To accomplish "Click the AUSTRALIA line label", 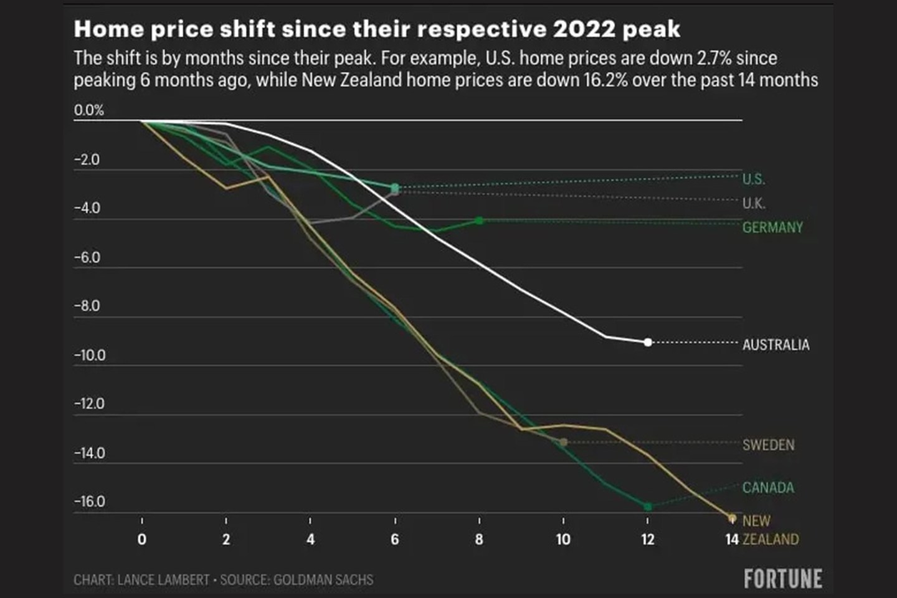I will click(x=776, y=344).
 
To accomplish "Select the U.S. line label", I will click(x=753, y=179).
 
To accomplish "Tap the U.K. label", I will click(x=754, y=203).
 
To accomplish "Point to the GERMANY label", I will click(x=772, y=227).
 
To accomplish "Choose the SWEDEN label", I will click(x=768, y=445).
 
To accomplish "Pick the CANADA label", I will click(x=768, y=487).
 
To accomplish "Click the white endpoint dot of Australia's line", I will click(x=648, y=343).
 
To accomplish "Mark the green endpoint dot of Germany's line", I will click(x=479, y=221).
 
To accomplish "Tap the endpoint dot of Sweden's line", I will click(x=563, y=442).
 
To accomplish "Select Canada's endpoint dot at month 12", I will click(x=648, y=506).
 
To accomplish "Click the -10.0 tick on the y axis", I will click(x=90, y=356).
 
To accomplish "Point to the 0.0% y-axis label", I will click(x=89, y=110).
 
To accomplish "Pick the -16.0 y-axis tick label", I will click(x=90, y=501).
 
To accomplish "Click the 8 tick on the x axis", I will click(x=479, y=539).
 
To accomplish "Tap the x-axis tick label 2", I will click(x=226, y=539).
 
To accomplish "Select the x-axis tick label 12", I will click(x=648, y=539).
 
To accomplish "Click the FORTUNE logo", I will click(x=782, y=579).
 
